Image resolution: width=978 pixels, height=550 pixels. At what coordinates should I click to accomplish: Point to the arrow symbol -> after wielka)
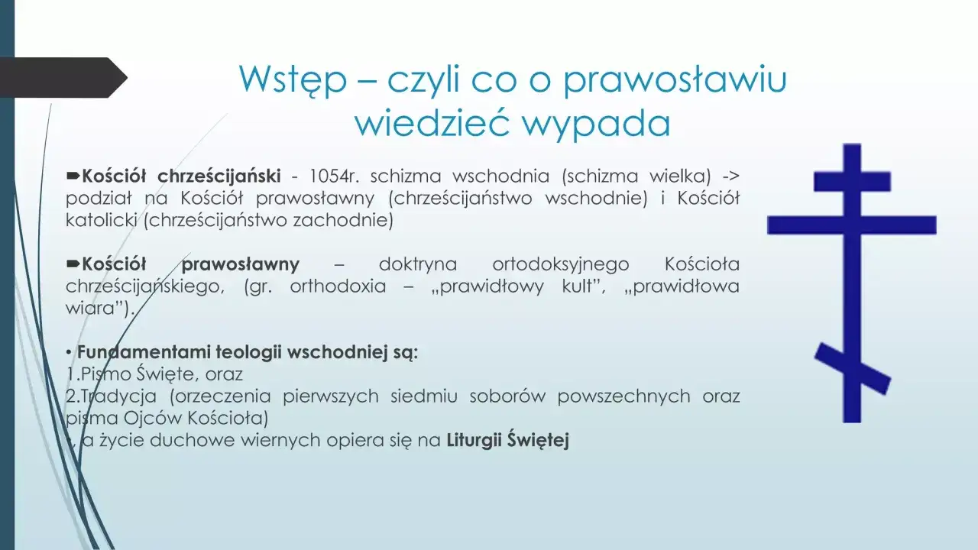point(730,176)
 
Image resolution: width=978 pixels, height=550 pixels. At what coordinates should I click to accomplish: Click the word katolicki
point(101,221)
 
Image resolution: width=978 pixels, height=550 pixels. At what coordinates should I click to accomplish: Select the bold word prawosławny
point(241,265)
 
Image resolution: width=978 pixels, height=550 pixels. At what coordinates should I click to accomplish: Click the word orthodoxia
point(338,287)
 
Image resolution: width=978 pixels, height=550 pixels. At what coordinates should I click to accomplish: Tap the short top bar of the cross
point(852,182)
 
